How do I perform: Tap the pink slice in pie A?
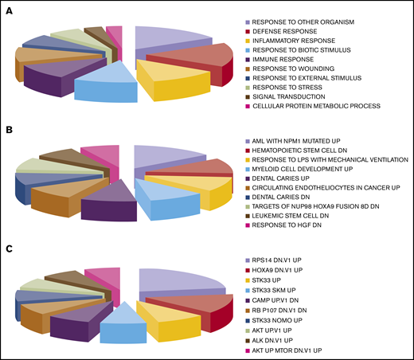[x=115, y=33]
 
